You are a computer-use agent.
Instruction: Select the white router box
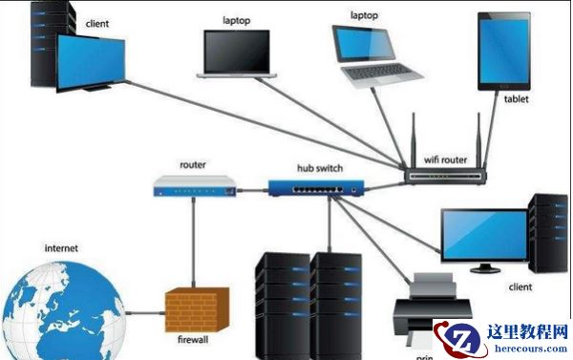click(195, 187)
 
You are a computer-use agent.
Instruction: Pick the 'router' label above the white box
click(192, 164)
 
